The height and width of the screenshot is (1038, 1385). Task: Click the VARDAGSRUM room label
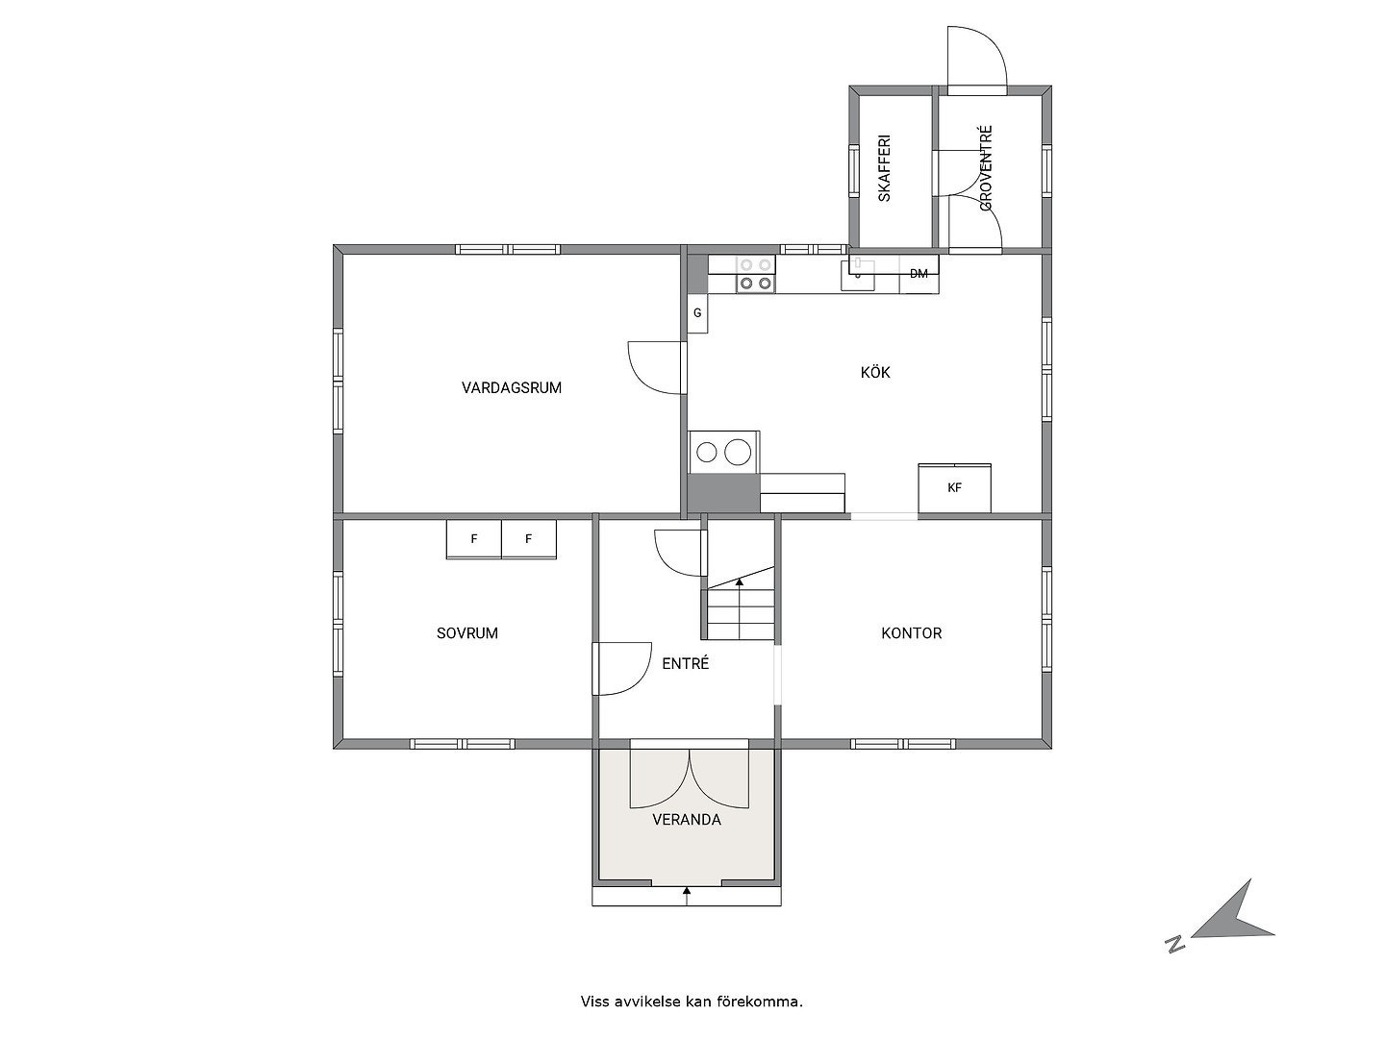click(511, 387)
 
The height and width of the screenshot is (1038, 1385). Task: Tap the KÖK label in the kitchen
click(875, 373)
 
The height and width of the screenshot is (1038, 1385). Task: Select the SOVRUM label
click(466, 633)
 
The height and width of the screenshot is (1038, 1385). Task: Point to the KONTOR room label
click(911, 633)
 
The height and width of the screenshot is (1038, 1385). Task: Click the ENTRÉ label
click(685, 663)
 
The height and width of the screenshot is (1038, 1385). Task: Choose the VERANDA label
click(687, 820)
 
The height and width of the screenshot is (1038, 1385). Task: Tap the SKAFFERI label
click(885, 167)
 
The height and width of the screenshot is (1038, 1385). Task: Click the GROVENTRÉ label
click(986, 167)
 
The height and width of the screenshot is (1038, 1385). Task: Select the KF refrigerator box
click(954, 488)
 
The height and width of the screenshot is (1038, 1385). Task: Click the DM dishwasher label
click(919, 274)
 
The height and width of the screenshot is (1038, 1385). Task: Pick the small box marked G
click(697, 312)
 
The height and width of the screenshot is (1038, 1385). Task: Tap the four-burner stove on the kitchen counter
click(755, 274)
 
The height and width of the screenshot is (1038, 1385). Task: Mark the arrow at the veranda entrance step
click(687, 896)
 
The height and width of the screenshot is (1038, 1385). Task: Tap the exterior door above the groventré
click(977, 61)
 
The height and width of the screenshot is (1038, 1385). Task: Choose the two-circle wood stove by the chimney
click(724, 452)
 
